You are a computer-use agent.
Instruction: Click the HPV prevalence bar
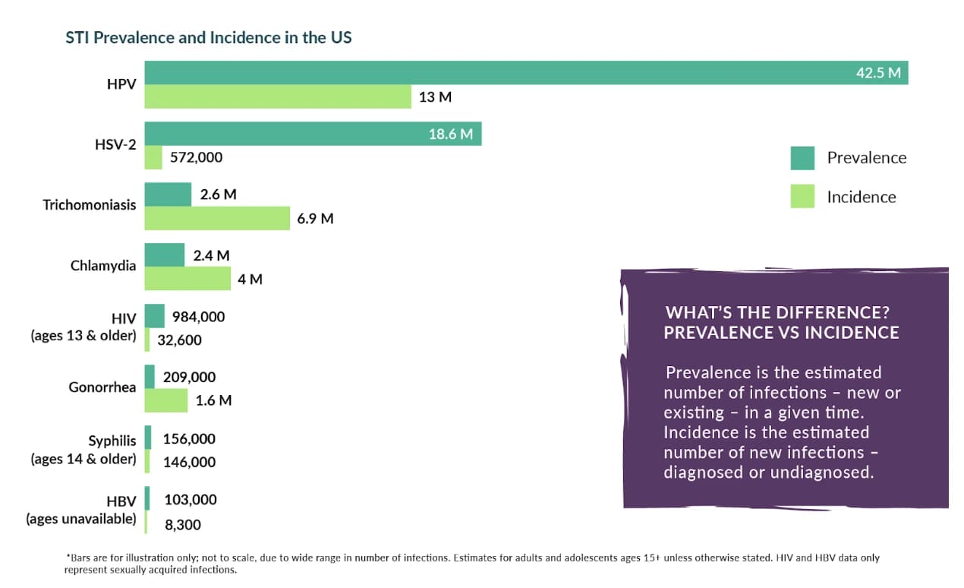[493, 73]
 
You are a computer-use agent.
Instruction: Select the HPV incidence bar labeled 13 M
[278, 96]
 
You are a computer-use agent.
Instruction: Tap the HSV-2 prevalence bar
[304, 134]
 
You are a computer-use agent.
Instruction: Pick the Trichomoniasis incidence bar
[217, 218]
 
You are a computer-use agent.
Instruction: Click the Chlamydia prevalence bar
[165, 255]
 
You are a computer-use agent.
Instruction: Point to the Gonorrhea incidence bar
[166, 400]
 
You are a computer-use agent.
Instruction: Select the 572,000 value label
[196, 158]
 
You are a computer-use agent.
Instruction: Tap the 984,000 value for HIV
[198, 317]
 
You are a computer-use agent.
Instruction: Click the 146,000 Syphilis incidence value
[189, 462]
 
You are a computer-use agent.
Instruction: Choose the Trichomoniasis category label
[90, 205]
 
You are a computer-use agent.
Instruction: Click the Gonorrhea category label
[102, 387]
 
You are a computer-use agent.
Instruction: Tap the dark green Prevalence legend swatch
[802, 158]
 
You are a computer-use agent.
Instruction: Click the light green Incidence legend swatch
[802, 197]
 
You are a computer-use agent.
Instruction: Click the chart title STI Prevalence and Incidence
[209, 36]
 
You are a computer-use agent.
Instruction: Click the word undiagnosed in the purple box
[822, 472]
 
